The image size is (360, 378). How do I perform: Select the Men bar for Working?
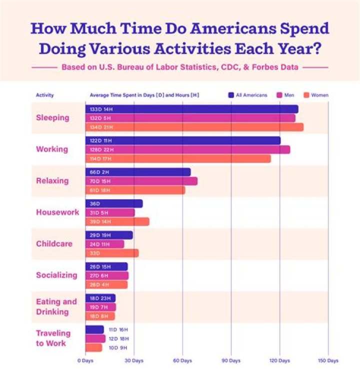pos(187,150)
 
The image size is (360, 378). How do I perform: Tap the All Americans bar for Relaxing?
pos(138,172)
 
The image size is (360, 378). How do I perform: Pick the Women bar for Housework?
pos(117,222)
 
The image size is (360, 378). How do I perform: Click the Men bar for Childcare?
pos(104,244)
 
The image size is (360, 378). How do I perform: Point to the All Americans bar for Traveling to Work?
pos(94,329)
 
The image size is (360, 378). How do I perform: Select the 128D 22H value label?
pos(100,150)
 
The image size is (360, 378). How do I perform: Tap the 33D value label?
pos(95,253)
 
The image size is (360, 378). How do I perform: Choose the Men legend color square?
pos(279,95)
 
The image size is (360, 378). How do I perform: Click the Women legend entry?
pos(315,95)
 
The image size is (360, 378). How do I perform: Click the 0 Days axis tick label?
pos(85,360)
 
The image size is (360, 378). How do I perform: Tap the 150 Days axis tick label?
pos(328,360)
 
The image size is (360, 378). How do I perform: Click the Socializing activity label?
pos(56,275)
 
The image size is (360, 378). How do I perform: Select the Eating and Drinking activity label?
pos(56,307)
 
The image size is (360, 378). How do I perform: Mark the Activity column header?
pos(44,95)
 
